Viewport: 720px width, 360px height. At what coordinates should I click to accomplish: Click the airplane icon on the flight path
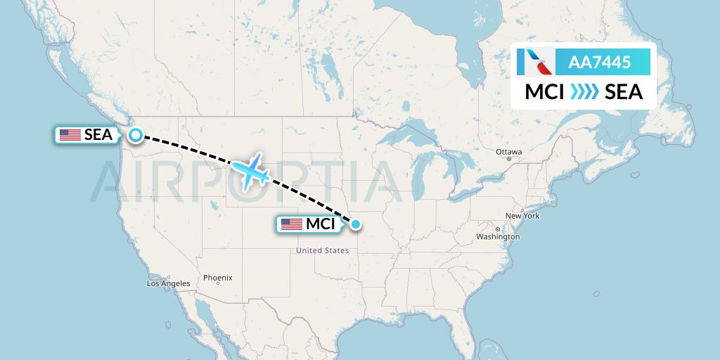(x=250, y=171)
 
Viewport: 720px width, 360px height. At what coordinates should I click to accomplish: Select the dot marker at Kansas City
(x=356, y=224)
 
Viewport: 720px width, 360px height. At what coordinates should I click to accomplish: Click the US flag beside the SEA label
(x=70, y=135)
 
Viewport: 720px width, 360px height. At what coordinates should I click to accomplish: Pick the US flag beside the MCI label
(x=291, y=224)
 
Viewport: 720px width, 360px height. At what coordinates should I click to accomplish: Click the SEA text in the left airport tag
(x=98, y=135)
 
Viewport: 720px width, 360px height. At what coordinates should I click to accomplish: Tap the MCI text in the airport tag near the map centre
(x=320, y=224)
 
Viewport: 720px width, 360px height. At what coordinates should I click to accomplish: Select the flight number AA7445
(x=600, y=63)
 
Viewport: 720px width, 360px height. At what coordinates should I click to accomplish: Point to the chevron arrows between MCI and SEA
(x=584, y=92)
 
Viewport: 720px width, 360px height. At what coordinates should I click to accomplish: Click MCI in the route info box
(x=545, y=92)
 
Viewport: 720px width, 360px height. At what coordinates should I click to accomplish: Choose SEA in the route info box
(x=624, y=92)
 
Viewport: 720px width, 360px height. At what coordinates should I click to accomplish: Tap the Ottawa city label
(x=508, y=151)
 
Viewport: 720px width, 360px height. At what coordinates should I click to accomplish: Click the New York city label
(x=522, y=216)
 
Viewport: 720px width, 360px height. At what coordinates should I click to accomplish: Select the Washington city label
(x=498, y=238)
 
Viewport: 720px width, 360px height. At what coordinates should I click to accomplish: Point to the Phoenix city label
(x=217, y=278)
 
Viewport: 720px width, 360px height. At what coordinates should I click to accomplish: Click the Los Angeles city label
(x=168, y=284)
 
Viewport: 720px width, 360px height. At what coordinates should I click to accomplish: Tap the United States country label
(x=322, y=250)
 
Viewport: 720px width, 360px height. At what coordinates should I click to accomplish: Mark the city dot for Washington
(x=497, y=229)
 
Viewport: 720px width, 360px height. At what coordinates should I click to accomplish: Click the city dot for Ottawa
(x=508, y=159)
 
